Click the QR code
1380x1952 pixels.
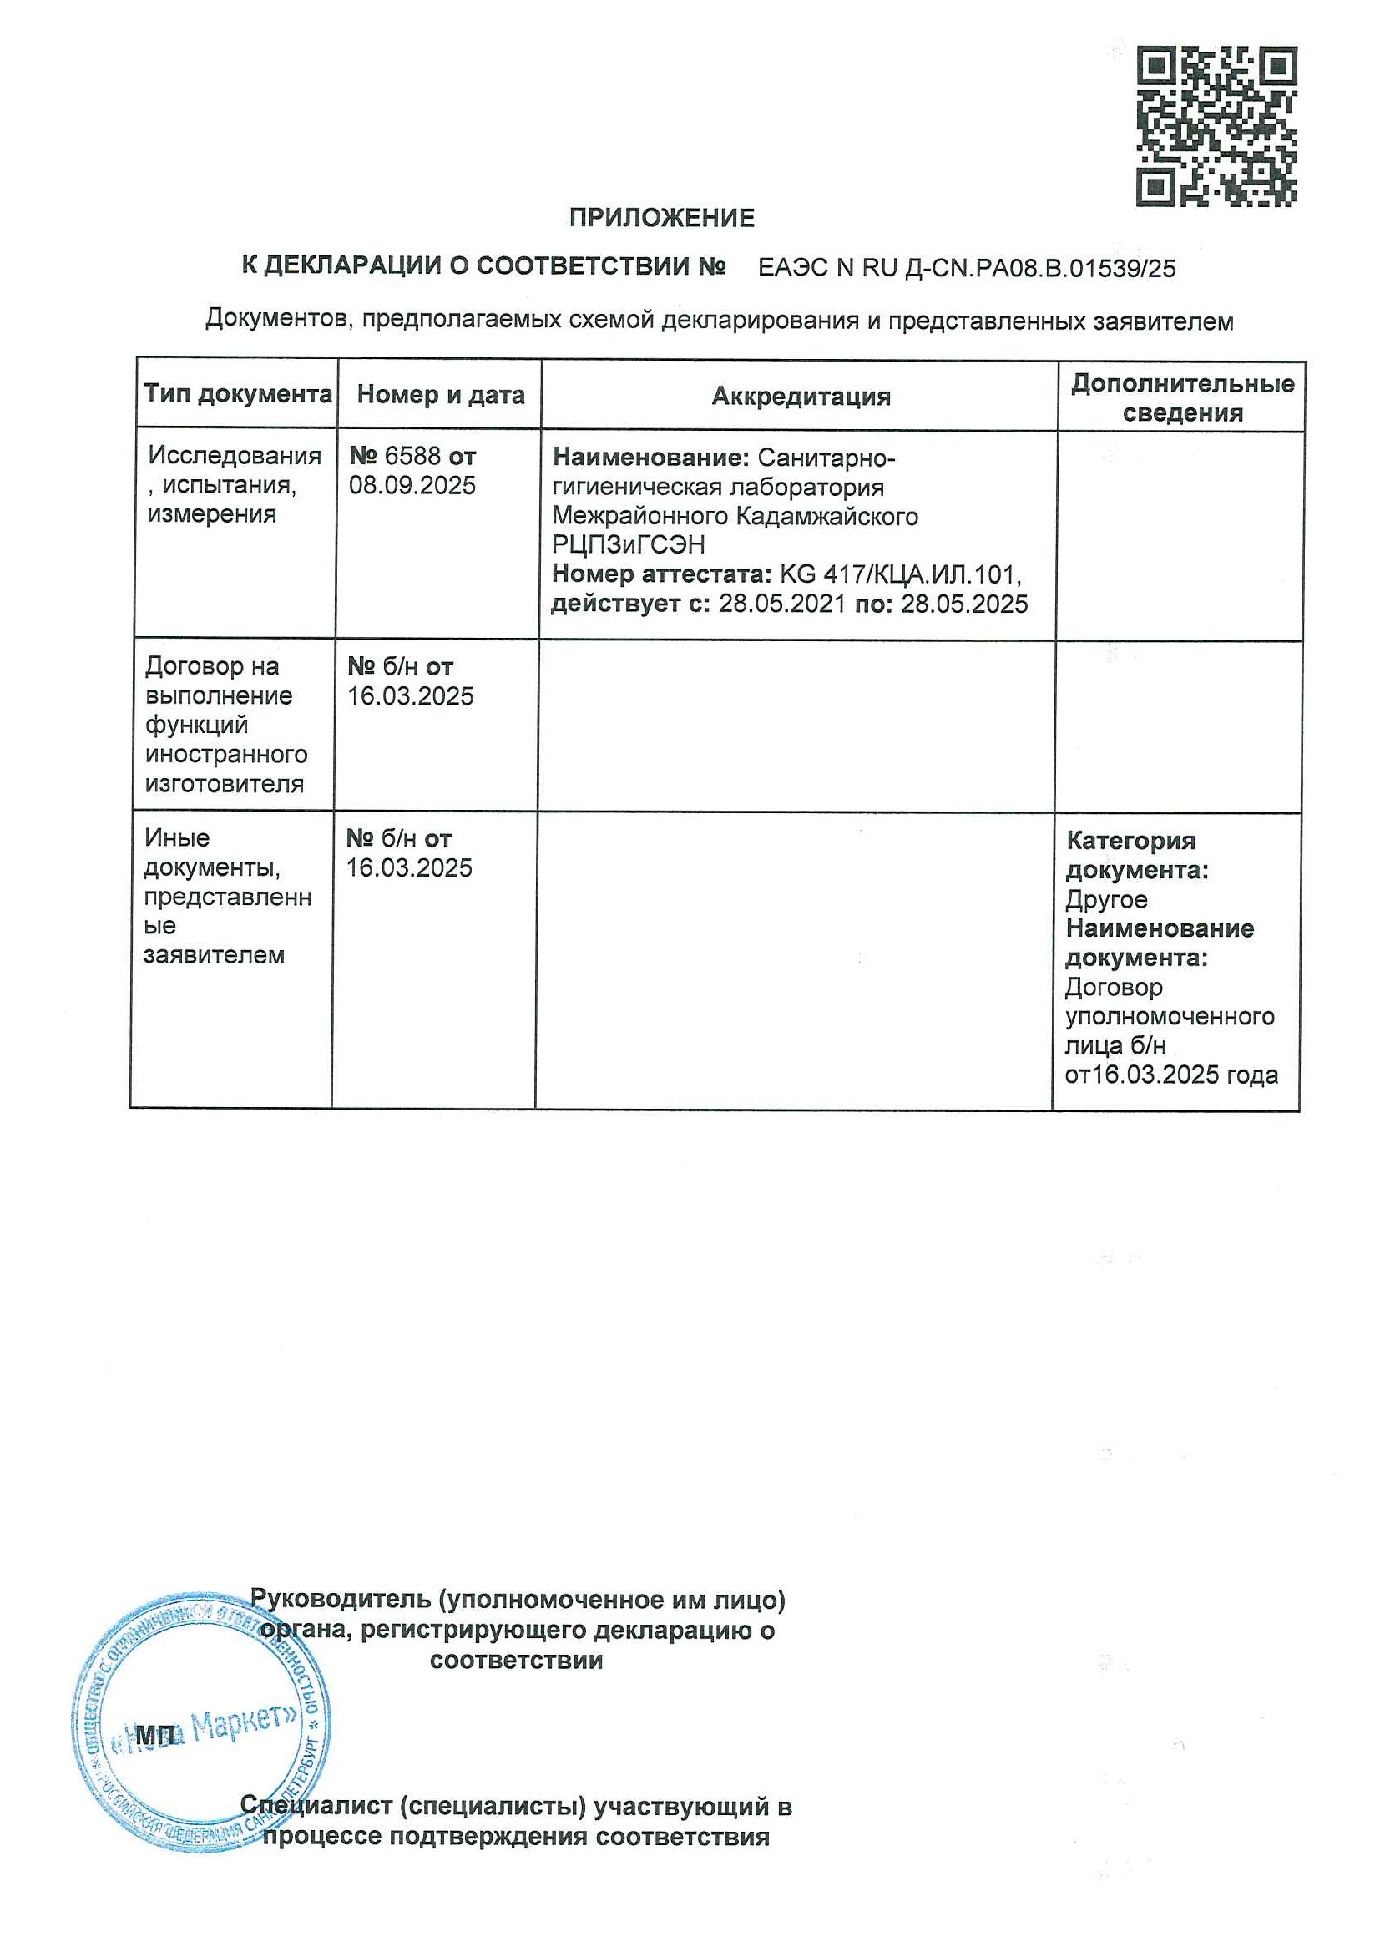coord(1216,127)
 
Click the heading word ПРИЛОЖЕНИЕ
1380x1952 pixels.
coord(661,219)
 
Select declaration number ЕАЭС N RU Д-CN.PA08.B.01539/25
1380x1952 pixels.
coord(967,269)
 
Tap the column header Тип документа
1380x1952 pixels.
coord(237,393)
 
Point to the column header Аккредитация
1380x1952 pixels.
coord(801,397)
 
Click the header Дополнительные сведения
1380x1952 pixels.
coord(1182,398)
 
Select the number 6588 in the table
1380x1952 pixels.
coord(412,457)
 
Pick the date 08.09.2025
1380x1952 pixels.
coord(412,485)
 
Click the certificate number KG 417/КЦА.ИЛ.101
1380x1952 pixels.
coord(900,574)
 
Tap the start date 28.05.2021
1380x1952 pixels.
coord(782,604)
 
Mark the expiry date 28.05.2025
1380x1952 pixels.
coord(964,604)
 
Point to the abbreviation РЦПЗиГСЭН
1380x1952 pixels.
coord(629,545)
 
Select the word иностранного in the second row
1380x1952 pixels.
coord(226,755)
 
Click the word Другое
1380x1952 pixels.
coord(1106,899)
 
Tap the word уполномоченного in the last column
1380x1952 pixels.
coord(1169,1017)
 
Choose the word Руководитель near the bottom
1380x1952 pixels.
coord(340,1600)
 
